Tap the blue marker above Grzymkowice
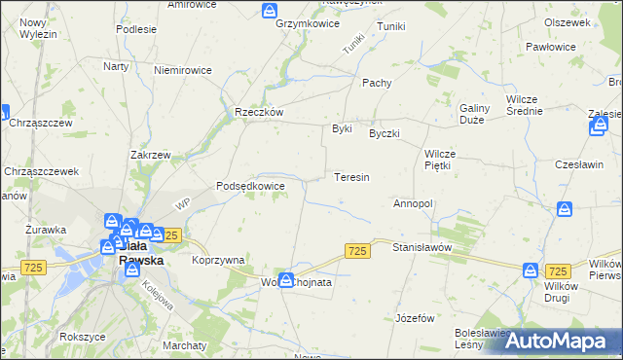270,10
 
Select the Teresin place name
351,178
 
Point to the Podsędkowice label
250,186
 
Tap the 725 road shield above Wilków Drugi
558,271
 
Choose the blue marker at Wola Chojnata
285,280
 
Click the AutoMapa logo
558,341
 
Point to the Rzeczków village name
259,112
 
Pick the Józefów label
416,318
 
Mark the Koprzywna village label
218,260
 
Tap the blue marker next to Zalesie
600,125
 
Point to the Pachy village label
377,83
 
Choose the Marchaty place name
185,345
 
